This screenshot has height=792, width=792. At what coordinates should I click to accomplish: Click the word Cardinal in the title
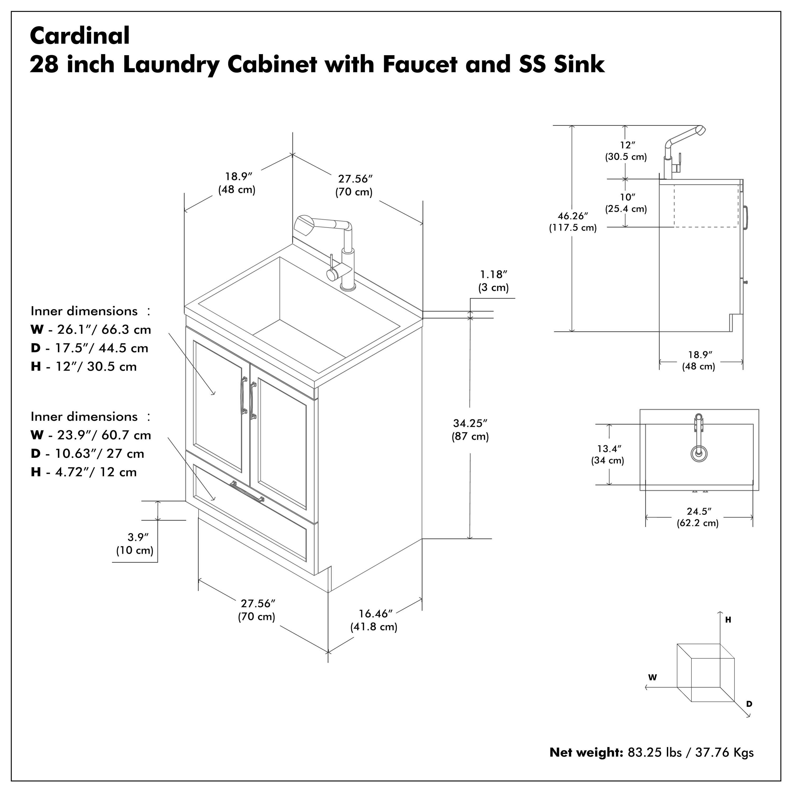pos(80,36)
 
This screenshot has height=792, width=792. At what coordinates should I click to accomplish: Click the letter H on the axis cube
pos(728,620)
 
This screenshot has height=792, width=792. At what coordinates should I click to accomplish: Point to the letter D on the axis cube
pos(749,704)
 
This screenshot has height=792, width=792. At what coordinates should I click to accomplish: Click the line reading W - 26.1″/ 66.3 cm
pos(91,330)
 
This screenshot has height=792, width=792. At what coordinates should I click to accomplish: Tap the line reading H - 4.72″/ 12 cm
pos(84,472)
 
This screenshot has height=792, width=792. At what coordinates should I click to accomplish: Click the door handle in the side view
pos(747,216)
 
